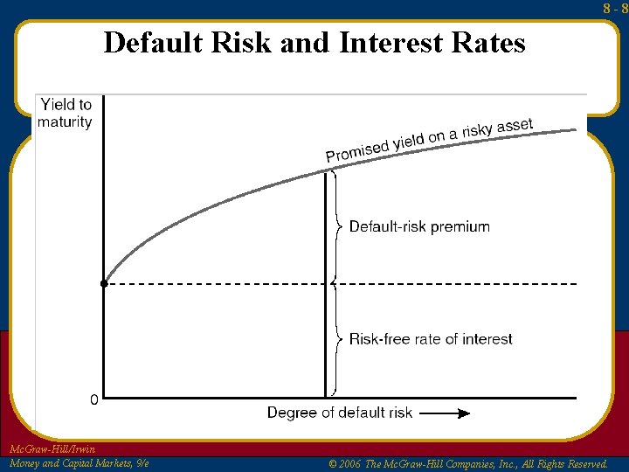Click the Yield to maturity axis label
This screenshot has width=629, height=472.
(65, 113)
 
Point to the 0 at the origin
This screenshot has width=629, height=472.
(93, 400)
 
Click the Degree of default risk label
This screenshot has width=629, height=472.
(339, 413)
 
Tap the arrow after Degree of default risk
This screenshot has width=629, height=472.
(450, 413)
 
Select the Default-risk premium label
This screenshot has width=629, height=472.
(419, 226)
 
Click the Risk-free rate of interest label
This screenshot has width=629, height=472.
(431, 339)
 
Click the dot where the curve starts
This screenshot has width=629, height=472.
(104, 284)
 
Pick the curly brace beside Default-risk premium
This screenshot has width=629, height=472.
(338, 227)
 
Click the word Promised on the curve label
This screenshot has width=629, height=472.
(356, 151)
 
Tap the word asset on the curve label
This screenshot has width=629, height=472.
(515, 127)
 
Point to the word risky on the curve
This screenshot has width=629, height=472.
(475, 132)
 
